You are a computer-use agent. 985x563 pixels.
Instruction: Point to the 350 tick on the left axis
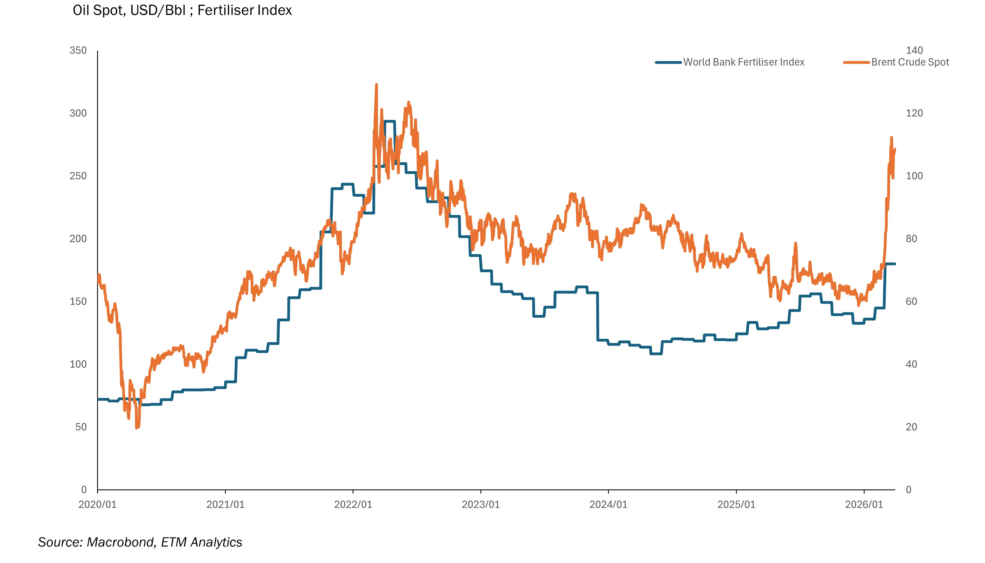pyautogui.click(x=78, y=51)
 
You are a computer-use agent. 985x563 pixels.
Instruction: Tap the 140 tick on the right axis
pyautogui.click(x=914, y=51)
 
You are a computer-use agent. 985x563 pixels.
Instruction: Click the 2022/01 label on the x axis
pyautogui.click(x=353, y=505)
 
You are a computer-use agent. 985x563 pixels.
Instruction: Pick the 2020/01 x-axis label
pyautogui.click(x=97, y=505)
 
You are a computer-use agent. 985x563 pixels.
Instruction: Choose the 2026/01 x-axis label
pyautogui.click(x=864, y=505)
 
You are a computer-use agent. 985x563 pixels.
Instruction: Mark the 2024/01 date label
pyautogui.click(x=608, y=505)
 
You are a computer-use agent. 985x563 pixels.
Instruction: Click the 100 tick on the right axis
pyautogui.click(x=914, y=176)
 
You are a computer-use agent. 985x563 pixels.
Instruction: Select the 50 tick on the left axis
pyautogui.click(x=81, y=427)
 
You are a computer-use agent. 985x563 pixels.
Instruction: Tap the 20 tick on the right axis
pyautogui.click(x=911, y=427)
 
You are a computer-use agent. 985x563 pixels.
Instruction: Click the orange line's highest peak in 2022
pyautogui.click(x=376, y=85)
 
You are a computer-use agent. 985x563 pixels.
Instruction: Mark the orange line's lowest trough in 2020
pyautogui.click(x=137, y=428)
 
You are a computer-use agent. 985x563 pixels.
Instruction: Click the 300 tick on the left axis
pyautogui.click(x=78, y=113)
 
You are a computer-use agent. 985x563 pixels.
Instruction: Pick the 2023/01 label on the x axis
pyautogui.click(x=480, y=505)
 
